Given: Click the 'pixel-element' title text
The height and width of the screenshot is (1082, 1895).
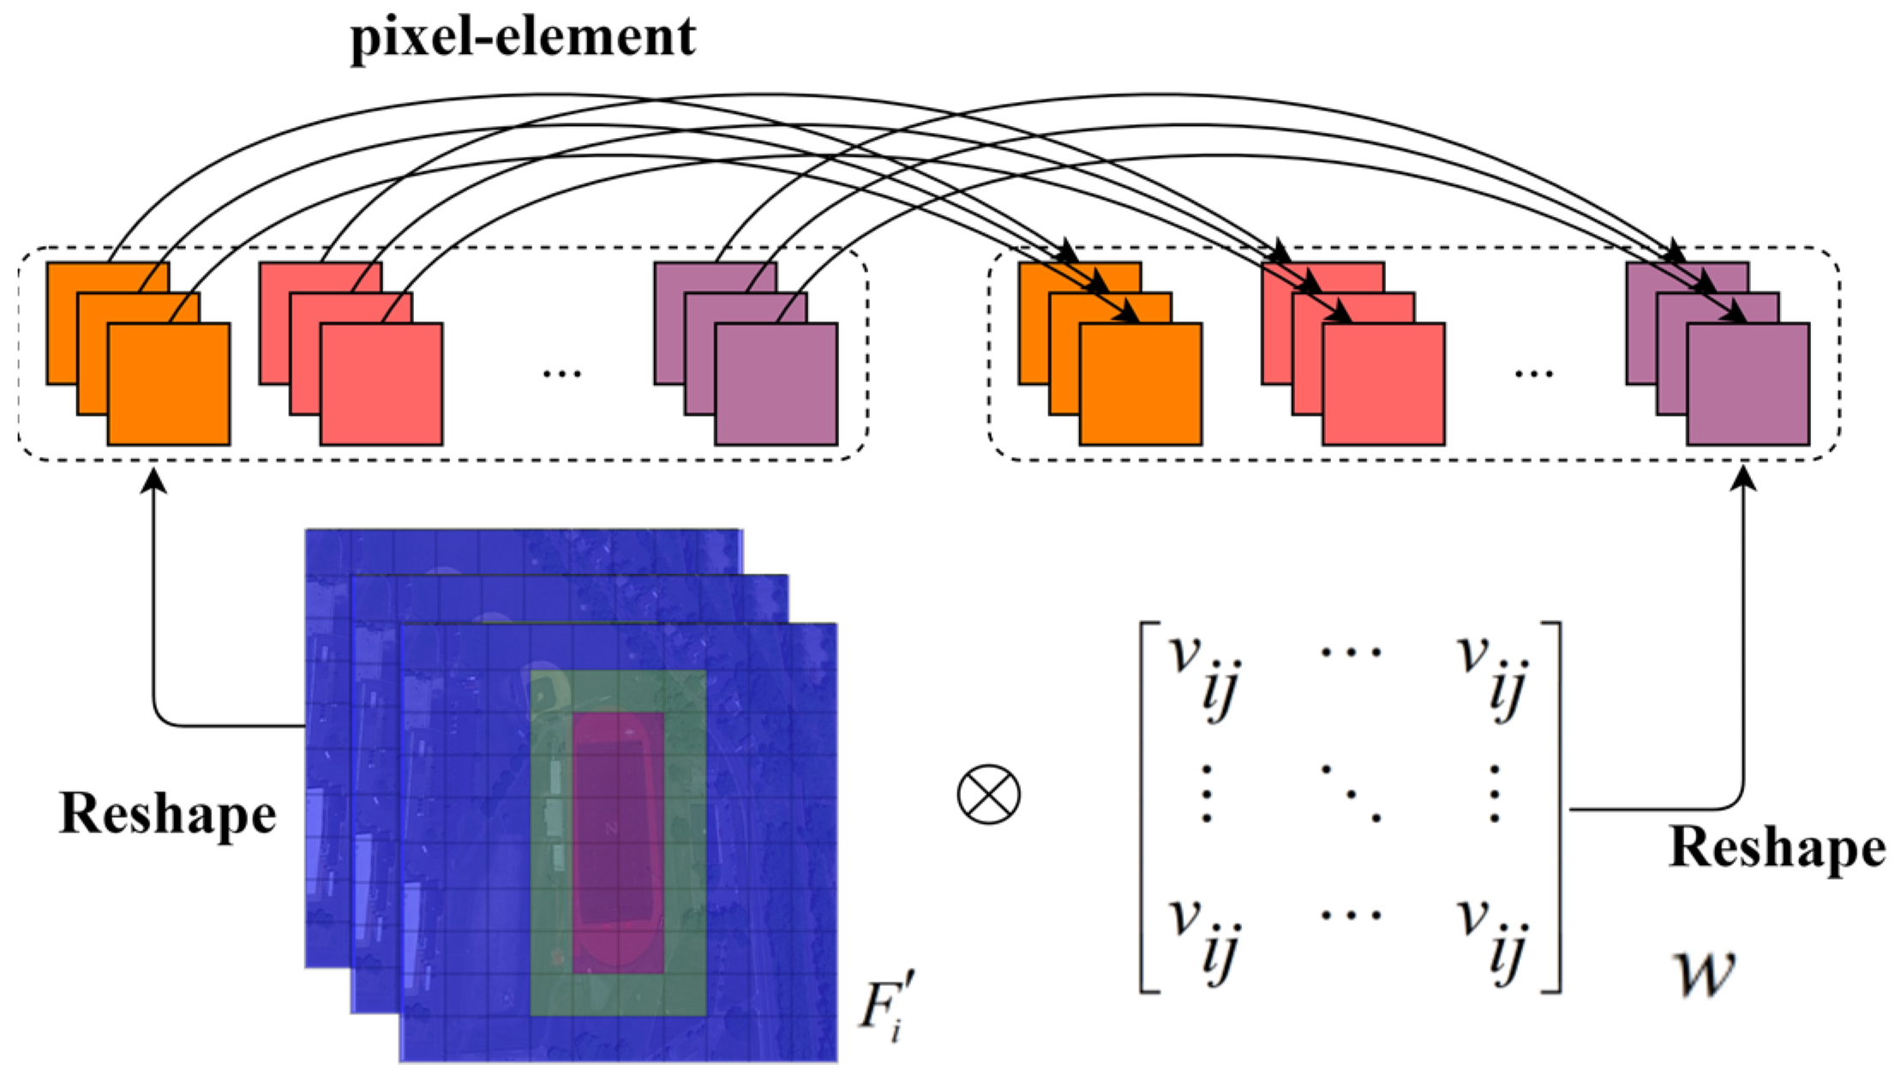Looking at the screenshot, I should [x=523, y=38].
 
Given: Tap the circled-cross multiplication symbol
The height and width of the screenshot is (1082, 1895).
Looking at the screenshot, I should [x=988, y=794].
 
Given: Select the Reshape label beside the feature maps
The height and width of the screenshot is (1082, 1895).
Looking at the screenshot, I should [x=167, y=813].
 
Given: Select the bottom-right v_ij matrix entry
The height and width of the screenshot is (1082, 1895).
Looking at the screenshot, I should [x=1492, y=938].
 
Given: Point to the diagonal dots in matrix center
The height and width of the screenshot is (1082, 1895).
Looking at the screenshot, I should [x=1351, y=794].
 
